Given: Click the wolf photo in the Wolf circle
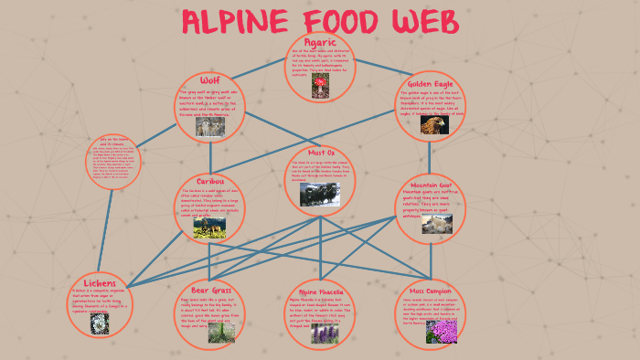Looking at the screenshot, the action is [211, 127].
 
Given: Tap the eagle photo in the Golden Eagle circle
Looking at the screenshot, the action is [432, 125].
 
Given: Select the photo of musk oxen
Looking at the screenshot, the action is [320, 192].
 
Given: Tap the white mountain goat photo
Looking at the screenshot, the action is [436, 224].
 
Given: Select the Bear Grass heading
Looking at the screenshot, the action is [209, 290].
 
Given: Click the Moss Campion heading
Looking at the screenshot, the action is [432, 291].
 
